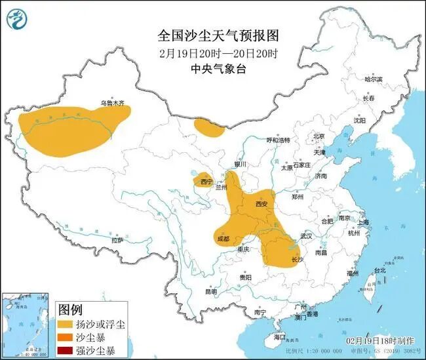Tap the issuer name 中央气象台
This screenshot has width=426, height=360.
214,68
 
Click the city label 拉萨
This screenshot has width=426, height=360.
117,241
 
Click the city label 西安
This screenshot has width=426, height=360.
261,204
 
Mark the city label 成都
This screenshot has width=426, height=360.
223,239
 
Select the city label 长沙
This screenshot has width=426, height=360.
297,260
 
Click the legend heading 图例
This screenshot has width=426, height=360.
70,308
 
